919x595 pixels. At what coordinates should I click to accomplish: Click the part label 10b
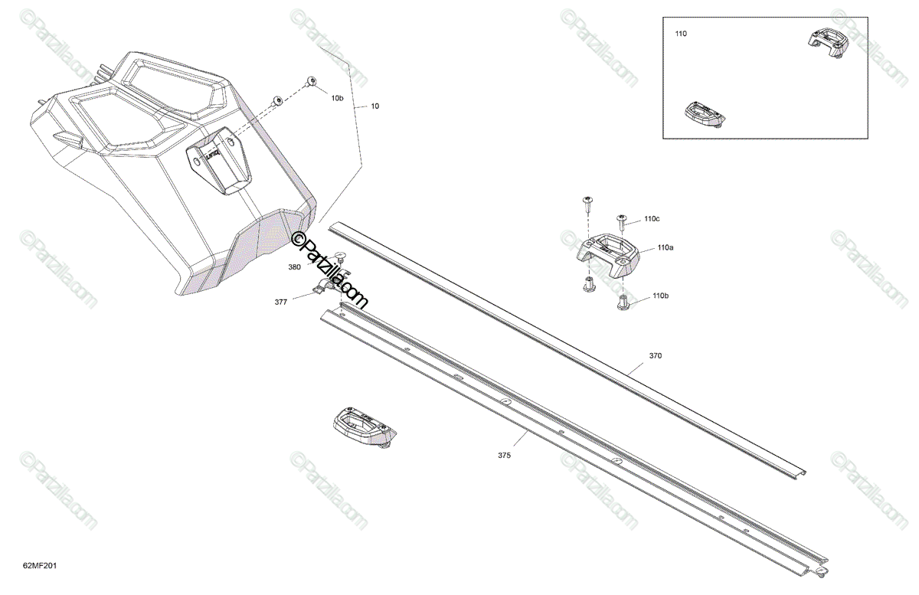(337, 99)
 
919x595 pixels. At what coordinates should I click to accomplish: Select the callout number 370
(655, 356)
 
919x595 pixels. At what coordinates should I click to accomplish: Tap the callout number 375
(504, 456)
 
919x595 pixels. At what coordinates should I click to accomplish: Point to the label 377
(281, 302)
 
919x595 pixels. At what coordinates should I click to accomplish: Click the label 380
(294, 267)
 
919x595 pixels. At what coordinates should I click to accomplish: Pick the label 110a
(665, 248)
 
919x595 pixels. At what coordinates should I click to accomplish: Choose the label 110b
(661, 296)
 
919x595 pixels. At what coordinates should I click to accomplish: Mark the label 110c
(652, 219)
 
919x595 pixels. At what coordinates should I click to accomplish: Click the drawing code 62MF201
(41, 567)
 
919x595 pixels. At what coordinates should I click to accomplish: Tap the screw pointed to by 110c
(623, 221)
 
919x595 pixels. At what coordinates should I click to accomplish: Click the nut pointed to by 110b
(623, 301)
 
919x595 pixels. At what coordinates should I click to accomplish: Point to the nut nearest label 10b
(312, 81)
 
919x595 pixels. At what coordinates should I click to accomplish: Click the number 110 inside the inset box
(681, 34)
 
